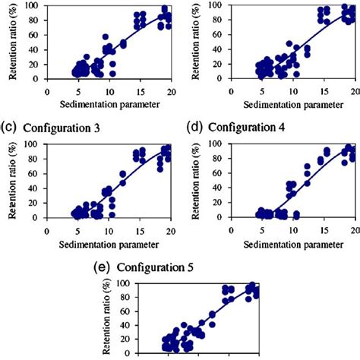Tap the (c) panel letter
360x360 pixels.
coord(11,127)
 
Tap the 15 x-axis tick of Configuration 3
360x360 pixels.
coord(140,231)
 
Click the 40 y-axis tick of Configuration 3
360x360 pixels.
coord(36,188)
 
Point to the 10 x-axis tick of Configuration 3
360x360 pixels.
coord(109,231)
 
